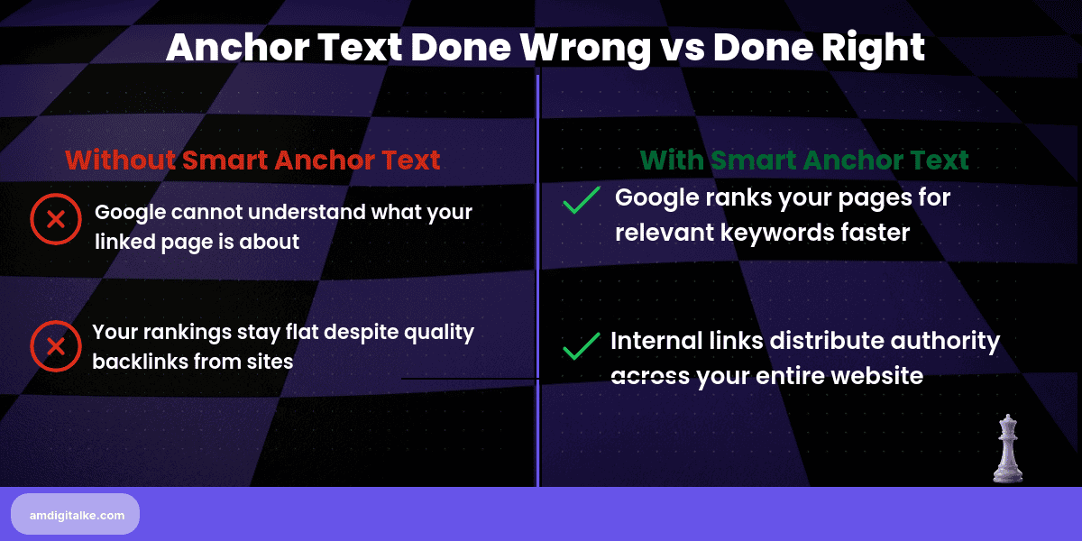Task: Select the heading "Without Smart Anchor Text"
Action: click(x=252, y=160)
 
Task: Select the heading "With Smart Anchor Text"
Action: click(x=804, y=160)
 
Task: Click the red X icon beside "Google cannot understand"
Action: click(x=55, y=219)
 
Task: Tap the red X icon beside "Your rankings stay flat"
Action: click(x=55, y=346)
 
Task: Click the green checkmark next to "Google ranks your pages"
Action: click(x=582, y=200)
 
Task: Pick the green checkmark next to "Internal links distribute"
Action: click(x=582, y=347)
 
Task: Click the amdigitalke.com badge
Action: click(x=76, y=514)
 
